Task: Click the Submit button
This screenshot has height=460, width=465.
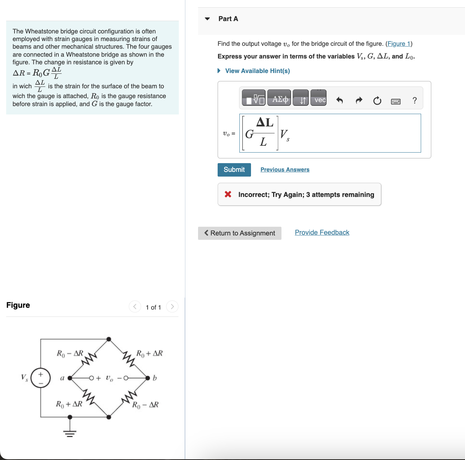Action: pyautogui.click(x=234, y=170)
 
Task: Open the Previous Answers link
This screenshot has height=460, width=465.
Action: pyautogui.click(x=285, y=170)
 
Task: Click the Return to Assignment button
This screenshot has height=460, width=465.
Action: pyautogui.click(x=239, y=233)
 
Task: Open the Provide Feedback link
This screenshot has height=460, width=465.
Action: pyautogui.click(x=322, y=233)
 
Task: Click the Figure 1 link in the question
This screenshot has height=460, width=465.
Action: pyautogui.click(x=399, y=44)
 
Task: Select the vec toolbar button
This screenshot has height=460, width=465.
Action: pyautogui.click(x=319, y=100)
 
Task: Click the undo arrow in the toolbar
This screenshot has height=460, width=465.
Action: pyautogui.click(x=340, y=100)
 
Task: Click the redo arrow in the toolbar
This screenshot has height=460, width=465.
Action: pyautogui.click(x=359, y=100)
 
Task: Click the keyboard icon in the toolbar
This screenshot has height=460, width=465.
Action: pyautogui.click(x=396, y=101)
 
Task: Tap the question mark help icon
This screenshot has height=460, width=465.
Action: pyautogui.click(x=415, y=100)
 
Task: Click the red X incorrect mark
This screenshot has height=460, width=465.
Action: pyautogui.click(x=228, y=194)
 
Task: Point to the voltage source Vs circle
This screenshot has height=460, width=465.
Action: pyautogui.click(x=40, y=378)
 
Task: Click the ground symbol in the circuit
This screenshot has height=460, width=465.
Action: pyautogui.click(x=70, y=432)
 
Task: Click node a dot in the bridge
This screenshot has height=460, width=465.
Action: pyautogui.click(x=70, y=378)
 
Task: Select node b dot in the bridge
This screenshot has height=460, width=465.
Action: pyautogui.click(x=148, y=378)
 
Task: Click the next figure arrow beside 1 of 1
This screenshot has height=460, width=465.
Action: pyautogui.click(x=172, y=307)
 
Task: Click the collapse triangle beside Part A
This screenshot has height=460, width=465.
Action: pyautogui.click(x=207, y=19)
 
